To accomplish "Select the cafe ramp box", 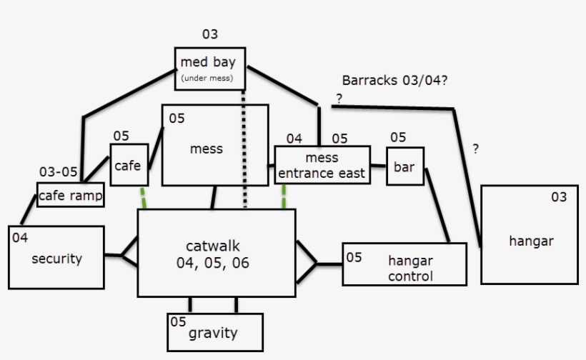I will [x=70, y=195].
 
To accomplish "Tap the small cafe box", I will [x=129, y=165].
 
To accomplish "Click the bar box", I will [x=406, y=166].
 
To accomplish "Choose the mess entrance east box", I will [x=322, y=165].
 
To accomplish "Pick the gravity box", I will [x=214, y=332].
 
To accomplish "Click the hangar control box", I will [x=404, y=264].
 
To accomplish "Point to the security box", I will [x=56, y=258].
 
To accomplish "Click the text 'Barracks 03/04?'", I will [x=394, y=81].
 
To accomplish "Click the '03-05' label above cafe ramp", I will [x=58, y=172].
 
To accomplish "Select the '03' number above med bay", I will [x=209, y=34].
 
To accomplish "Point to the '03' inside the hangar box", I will [x=559, y=196].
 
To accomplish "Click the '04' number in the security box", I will [x=20, y=238].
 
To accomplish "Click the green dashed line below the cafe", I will [x=144, y=198].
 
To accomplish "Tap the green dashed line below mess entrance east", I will [x=284, y=197].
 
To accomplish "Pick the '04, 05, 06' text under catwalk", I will [x=216, y=263].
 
